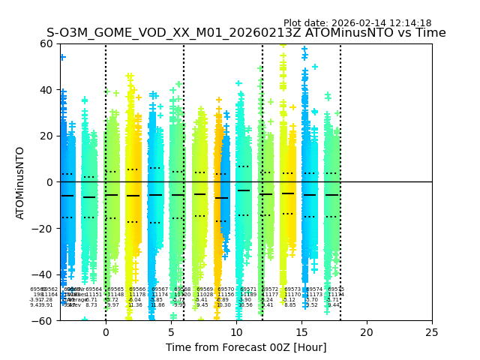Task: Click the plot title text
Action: (246, 33)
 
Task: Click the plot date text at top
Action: (357, 23)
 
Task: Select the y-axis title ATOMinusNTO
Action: (21, 182)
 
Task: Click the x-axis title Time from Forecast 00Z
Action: (246, 346)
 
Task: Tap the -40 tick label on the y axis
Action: (45, 274)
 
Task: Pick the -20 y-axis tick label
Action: (45, 228)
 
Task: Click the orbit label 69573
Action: (292, 289)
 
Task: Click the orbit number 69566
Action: (137, 289)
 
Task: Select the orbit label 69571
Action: (248, 289)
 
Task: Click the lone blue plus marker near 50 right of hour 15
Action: (315, 67)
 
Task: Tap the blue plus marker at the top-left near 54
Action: (63, 57)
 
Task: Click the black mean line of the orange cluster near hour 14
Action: (288, 193)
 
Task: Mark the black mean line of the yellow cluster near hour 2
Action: (133, 196)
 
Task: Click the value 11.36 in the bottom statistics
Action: (135, 305)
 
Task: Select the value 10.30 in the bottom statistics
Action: (223, 305)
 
